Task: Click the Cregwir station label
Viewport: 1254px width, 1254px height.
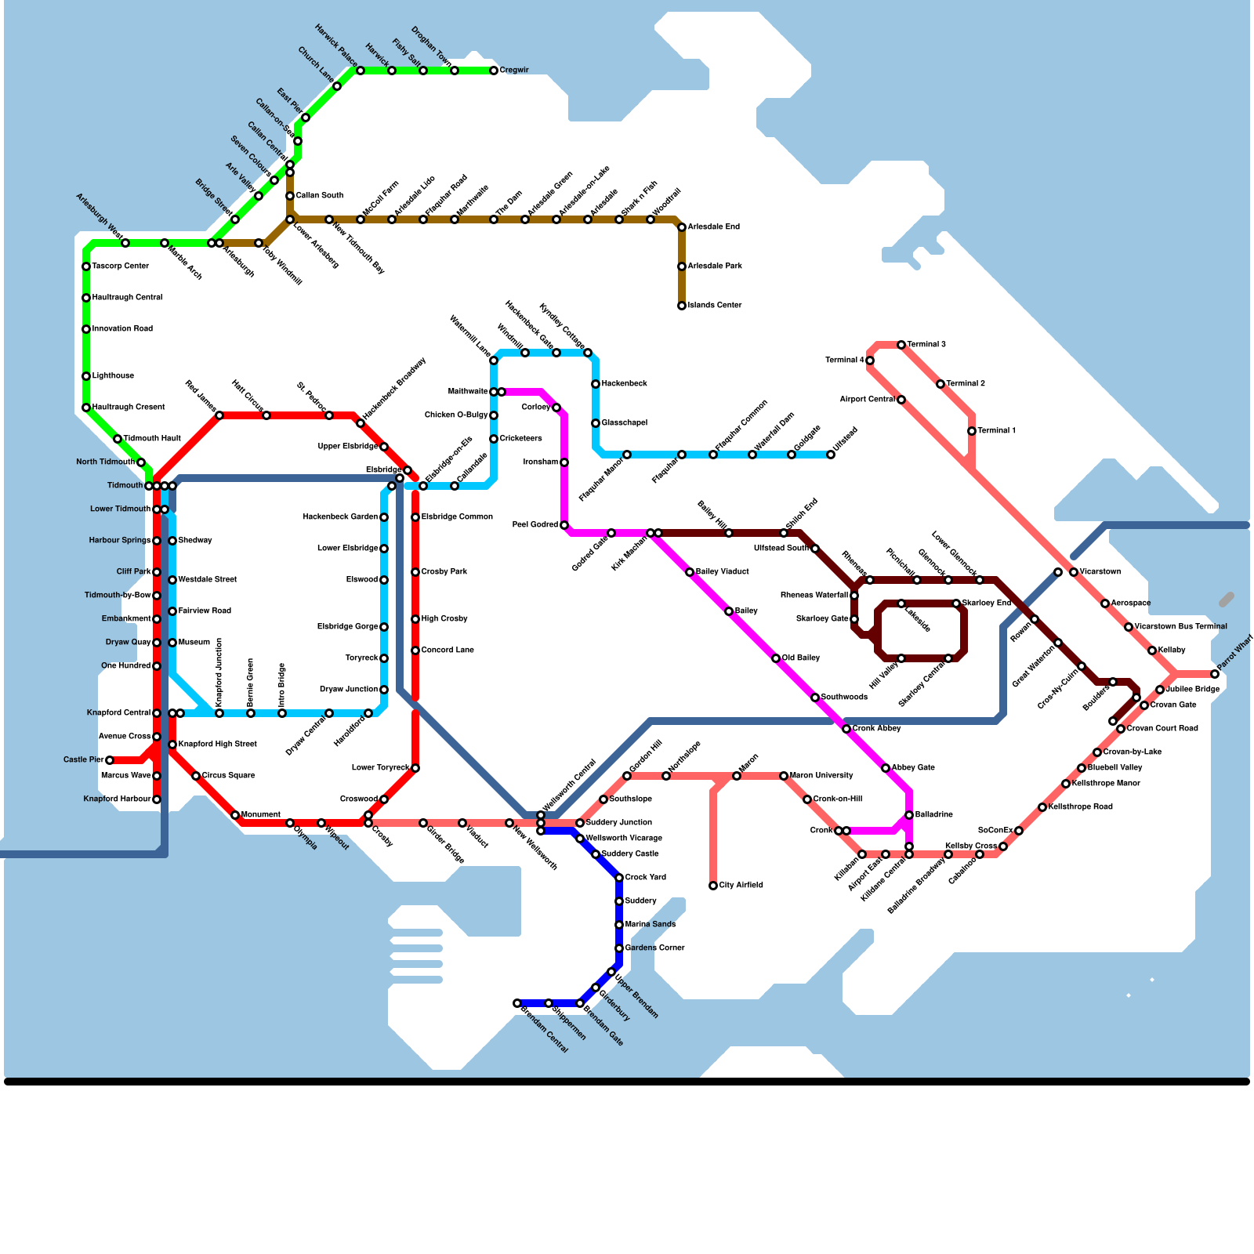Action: pyautogui.click(x=514, y=71)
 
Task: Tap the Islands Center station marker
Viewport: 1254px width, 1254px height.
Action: pyautogui.click(x=682, y=306)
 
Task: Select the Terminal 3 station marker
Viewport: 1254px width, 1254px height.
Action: pyautogui.click(x=901, y=345)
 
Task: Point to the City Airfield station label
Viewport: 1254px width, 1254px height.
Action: pyautogui.click(x=741, y=886)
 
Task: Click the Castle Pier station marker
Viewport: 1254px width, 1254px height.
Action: pyautogui.click(x=110, y=760)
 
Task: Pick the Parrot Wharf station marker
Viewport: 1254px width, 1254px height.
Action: pyautogui.click(x=1215, y=674)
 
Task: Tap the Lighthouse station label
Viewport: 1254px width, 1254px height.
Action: pyautogui.click(x=113, y=376)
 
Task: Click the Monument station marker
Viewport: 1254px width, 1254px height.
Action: pyautogui.click(x=235, y=815)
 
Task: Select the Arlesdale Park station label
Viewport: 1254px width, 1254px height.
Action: pyautogui.click(x=715, y=266)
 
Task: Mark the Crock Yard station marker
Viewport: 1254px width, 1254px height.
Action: pyautogui.click(x=619, y=878)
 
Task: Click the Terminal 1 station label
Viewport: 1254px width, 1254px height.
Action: pyautogui.click(x=997, y=431)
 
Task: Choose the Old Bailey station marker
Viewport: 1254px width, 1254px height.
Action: pyautogui.click(x=776, y=658)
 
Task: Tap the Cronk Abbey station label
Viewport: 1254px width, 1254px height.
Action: pyautogui.click(x=876, y=729)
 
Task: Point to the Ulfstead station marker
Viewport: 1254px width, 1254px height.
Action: pyautogui.click(x=831, y=455)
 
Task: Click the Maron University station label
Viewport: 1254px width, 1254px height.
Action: pyautogui.click(x=821, y=776)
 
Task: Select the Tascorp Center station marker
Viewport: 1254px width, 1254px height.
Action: pyautogui.click(x=86, y=266)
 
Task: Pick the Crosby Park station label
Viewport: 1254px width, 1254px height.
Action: pyautogui.click(x=444, y=572)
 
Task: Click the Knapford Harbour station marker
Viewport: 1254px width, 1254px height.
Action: pyautogui.click(x=157, y=799)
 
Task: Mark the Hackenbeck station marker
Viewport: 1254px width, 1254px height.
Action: pyautogui.click(x=596, y=384)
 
